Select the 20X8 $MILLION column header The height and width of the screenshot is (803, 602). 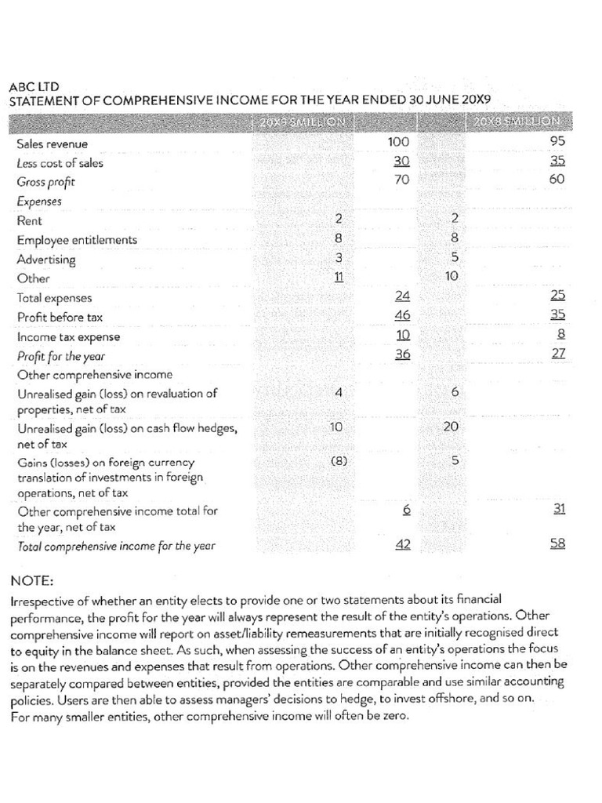(x=517, y=122)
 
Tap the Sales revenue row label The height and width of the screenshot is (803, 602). (x=53, y=144)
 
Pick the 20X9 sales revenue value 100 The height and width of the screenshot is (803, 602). (x=399, y=142)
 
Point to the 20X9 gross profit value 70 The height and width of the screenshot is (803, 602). (x=402, y=180)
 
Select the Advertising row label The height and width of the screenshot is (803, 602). (x=46, y=260)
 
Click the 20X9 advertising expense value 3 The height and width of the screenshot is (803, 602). (x=339, y=257)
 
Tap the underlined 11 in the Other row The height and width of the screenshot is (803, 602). (x=339, y=277)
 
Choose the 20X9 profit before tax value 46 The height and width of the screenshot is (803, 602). (x=402, y=315)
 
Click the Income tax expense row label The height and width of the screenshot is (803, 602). (x=69, y=337)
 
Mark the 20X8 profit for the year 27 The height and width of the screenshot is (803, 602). (x=557, y=354)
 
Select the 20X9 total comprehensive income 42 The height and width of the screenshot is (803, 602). (x=402, y=545)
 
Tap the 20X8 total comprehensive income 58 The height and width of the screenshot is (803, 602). (x=557, y=543)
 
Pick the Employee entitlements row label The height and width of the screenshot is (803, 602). (x=77, y=240)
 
